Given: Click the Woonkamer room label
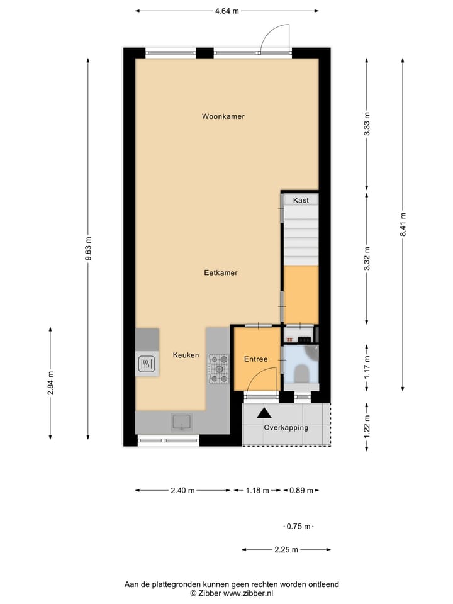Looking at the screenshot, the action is tap(223, 116).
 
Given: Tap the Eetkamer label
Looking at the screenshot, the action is tap(221, 272).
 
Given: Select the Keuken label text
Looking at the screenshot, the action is tap(186, 355).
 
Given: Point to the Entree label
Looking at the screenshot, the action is tap(256, 359).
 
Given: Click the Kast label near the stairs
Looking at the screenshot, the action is tap(301, 200).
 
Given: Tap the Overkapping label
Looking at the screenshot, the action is tap(286, 428).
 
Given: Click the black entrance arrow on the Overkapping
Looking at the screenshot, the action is tap(264, 413).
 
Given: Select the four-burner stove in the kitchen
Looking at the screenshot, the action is tap(218, 369).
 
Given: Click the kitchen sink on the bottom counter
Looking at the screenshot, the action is tap(182, 422).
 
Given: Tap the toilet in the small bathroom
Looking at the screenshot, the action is tap(301, 374).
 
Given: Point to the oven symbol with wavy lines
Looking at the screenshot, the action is tap(147, 363).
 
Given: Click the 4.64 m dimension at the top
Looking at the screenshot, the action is tap(227, 11).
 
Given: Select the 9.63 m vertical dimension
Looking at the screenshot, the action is tap(88, 249).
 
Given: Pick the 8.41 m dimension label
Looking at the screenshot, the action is tap(403, 225).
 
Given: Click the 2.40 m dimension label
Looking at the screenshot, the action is tap(182, 490).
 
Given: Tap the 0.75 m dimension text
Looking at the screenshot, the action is tap(298, 526).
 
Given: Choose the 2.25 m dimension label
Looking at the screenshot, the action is tap(286, 550).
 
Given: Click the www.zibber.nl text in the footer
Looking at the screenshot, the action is tap(248, 593).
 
